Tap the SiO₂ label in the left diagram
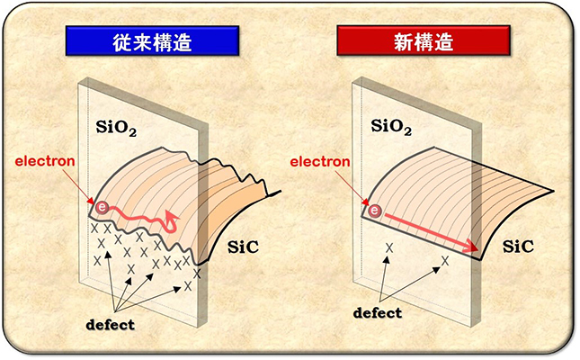tap(115, 127)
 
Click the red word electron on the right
tap(320, 162)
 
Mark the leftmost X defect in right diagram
tap(388, 247)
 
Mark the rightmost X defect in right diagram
tap(444, 261)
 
